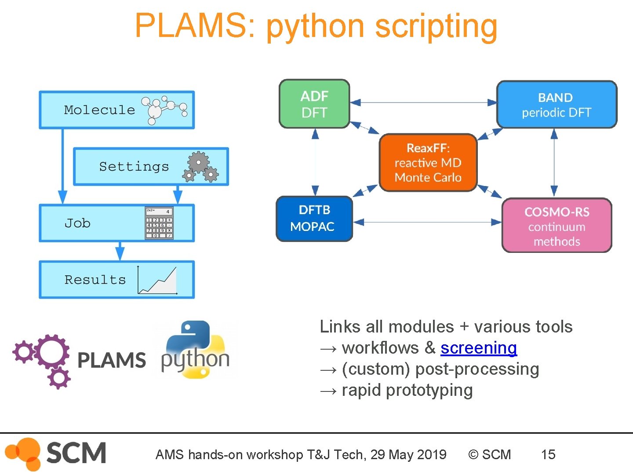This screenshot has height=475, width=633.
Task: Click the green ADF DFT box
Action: click(314, 104)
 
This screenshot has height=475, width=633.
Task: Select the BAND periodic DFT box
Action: click(557, 104)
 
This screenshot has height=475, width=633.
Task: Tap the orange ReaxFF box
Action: click(428, 163)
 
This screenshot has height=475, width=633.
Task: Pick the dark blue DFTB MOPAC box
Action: click(314, 219)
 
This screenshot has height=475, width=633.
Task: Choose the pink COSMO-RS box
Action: click(557, 226)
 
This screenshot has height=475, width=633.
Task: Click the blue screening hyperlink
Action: click(478, 348)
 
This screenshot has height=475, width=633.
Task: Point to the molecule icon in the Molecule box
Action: click(164, 110)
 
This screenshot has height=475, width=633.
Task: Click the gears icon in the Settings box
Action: click(200, 167)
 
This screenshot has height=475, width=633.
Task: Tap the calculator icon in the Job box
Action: click(159, 223)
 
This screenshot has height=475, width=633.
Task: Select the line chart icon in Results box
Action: click(157, 280)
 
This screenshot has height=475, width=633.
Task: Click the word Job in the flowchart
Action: click(77, 223)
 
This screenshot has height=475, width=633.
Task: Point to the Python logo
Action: click(195, 350)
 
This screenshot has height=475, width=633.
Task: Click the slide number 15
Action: click(548, 454)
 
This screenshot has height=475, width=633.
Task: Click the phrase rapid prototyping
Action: click(407, 390)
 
